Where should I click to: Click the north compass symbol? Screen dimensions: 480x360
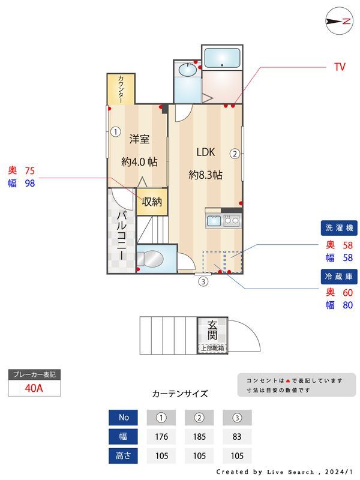tap(338, 21)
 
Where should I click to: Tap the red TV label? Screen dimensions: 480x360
tap(340, 67)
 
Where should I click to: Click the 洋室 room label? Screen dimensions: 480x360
tap(139, 139)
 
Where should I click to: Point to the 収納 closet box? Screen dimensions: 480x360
tap(152, 202)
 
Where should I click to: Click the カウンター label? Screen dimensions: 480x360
tap(121, 88)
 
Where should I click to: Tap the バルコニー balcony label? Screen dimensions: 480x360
tap(121, 235)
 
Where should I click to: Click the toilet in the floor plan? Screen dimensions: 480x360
tap(149, 259)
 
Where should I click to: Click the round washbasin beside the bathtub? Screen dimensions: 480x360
tap(187, 71)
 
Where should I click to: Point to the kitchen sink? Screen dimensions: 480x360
tap(214, 221)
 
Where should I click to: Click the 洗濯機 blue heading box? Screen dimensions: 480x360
tap(340, 228)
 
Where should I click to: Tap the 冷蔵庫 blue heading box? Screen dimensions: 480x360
tap(340, 276)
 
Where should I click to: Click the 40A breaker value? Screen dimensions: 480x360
tap(34, 388)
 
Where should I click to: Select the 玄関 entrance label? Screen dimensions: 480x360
tap(213, 331)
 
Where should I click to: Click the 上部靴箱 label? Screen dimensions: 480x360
tap(212, 348)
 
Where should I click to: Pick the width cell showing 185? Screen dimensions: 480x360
tap(199, 437)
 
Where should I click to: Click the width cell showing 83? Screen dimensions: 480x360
tap(237, 437)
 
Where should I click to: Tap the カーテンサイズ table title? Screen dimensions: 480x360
tap(180, 394)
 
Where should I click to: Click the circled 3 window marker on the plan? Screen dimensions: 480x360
tap(203, 281)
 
